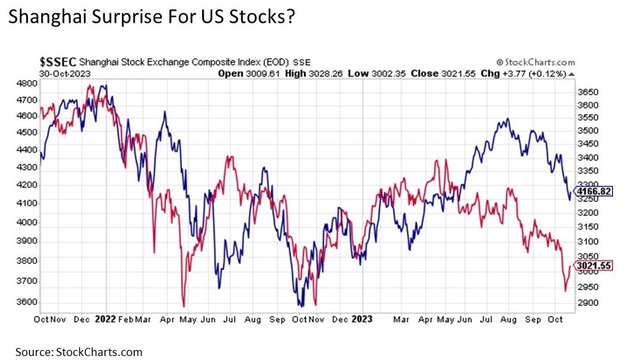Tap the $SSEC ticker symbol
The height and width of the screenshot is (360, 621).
pyautogui.click(x=55, y=62)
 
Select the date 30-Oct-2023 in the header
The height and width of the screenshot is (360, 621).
pyautogui.click(x=59, y=73)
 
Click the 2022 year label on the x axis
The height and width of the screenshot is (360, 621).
pyautogui.click(x=107, y=319)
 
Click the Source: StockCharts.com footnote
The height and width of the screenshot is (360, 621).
pyautogui.click(x=80, y=351)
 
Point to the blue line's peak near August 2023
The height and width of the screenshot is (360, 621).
pyautogui.click(x=508, y=119)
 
